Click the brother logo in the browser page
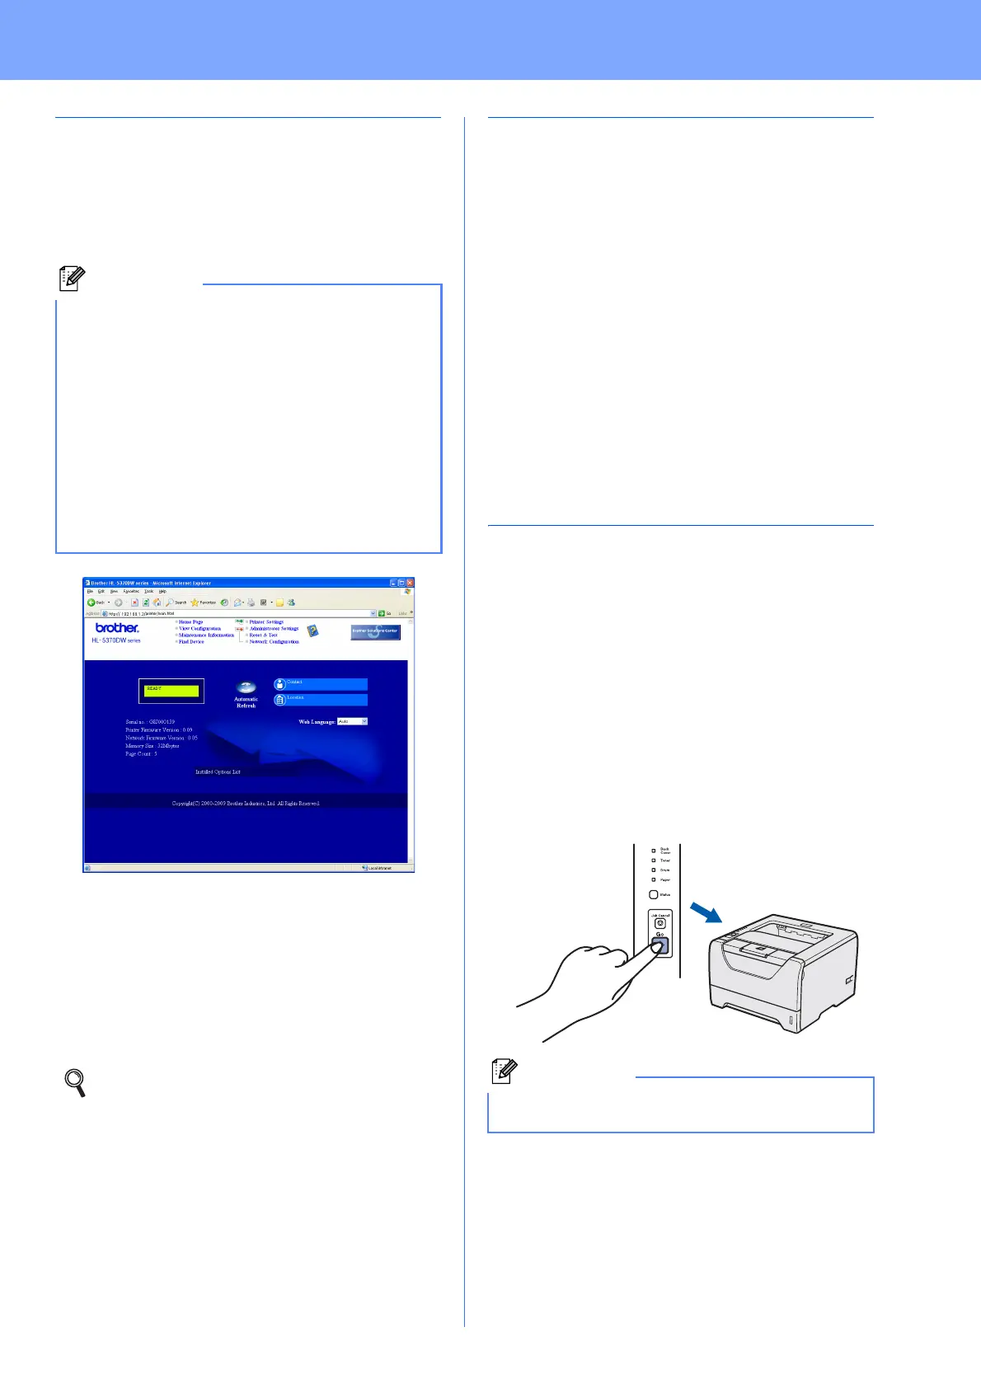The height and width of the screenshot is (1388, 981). click(x=117, y=628)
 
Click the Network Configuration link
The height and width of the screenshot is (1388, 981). click(x=274, y=641)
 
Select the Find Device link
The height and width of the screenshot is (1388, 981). click(x=191, y=641)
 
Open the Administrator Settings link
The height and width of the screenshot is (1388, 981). click(x=274, y=628)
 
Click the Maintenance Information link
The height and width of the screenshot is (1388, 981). click(x=206, y=635)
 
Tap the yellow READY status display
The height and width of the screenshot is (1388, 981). click(x=171, y=691)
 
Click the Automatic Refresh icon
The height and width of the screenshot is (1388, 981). click(x=246, y=687)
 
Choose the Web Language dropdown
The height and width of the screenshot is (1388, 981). click(x=352, y=721)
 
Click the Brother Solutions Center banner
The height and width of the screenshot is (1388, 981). click(x=375, y=632)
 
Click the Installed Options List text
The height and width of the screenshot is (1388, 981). click(x=218, y=772)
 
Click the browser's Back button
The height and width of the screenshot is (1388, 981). click(x=96, y=603)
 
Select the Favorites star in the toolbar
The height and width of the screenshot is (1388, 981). click(x=195, y=603)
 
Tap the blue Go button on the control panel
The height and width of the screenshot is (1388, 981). click(x=659, y=946)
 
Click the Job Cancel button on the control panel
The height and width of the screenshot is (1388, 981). click(x=659, y=923)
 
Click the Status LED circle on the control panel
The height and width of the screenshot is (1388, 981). click(x=654, y=894)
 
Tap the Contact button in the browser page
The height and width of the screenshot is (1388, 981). click(x=321, y=684)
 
